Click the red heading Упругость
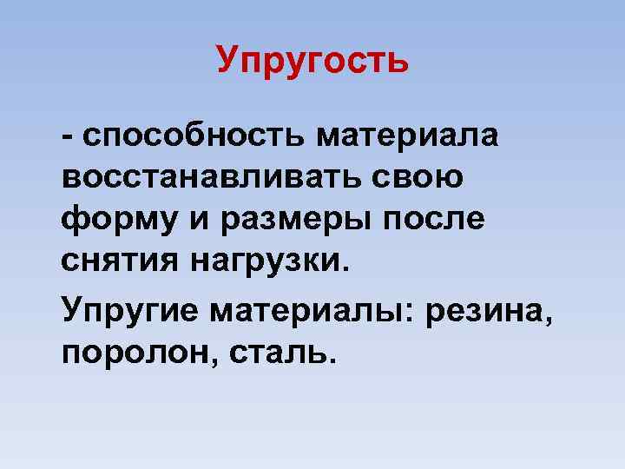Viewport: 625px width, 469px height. coord(312,60)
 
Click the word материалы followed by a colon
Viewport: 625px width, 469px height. coord(316,311)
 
